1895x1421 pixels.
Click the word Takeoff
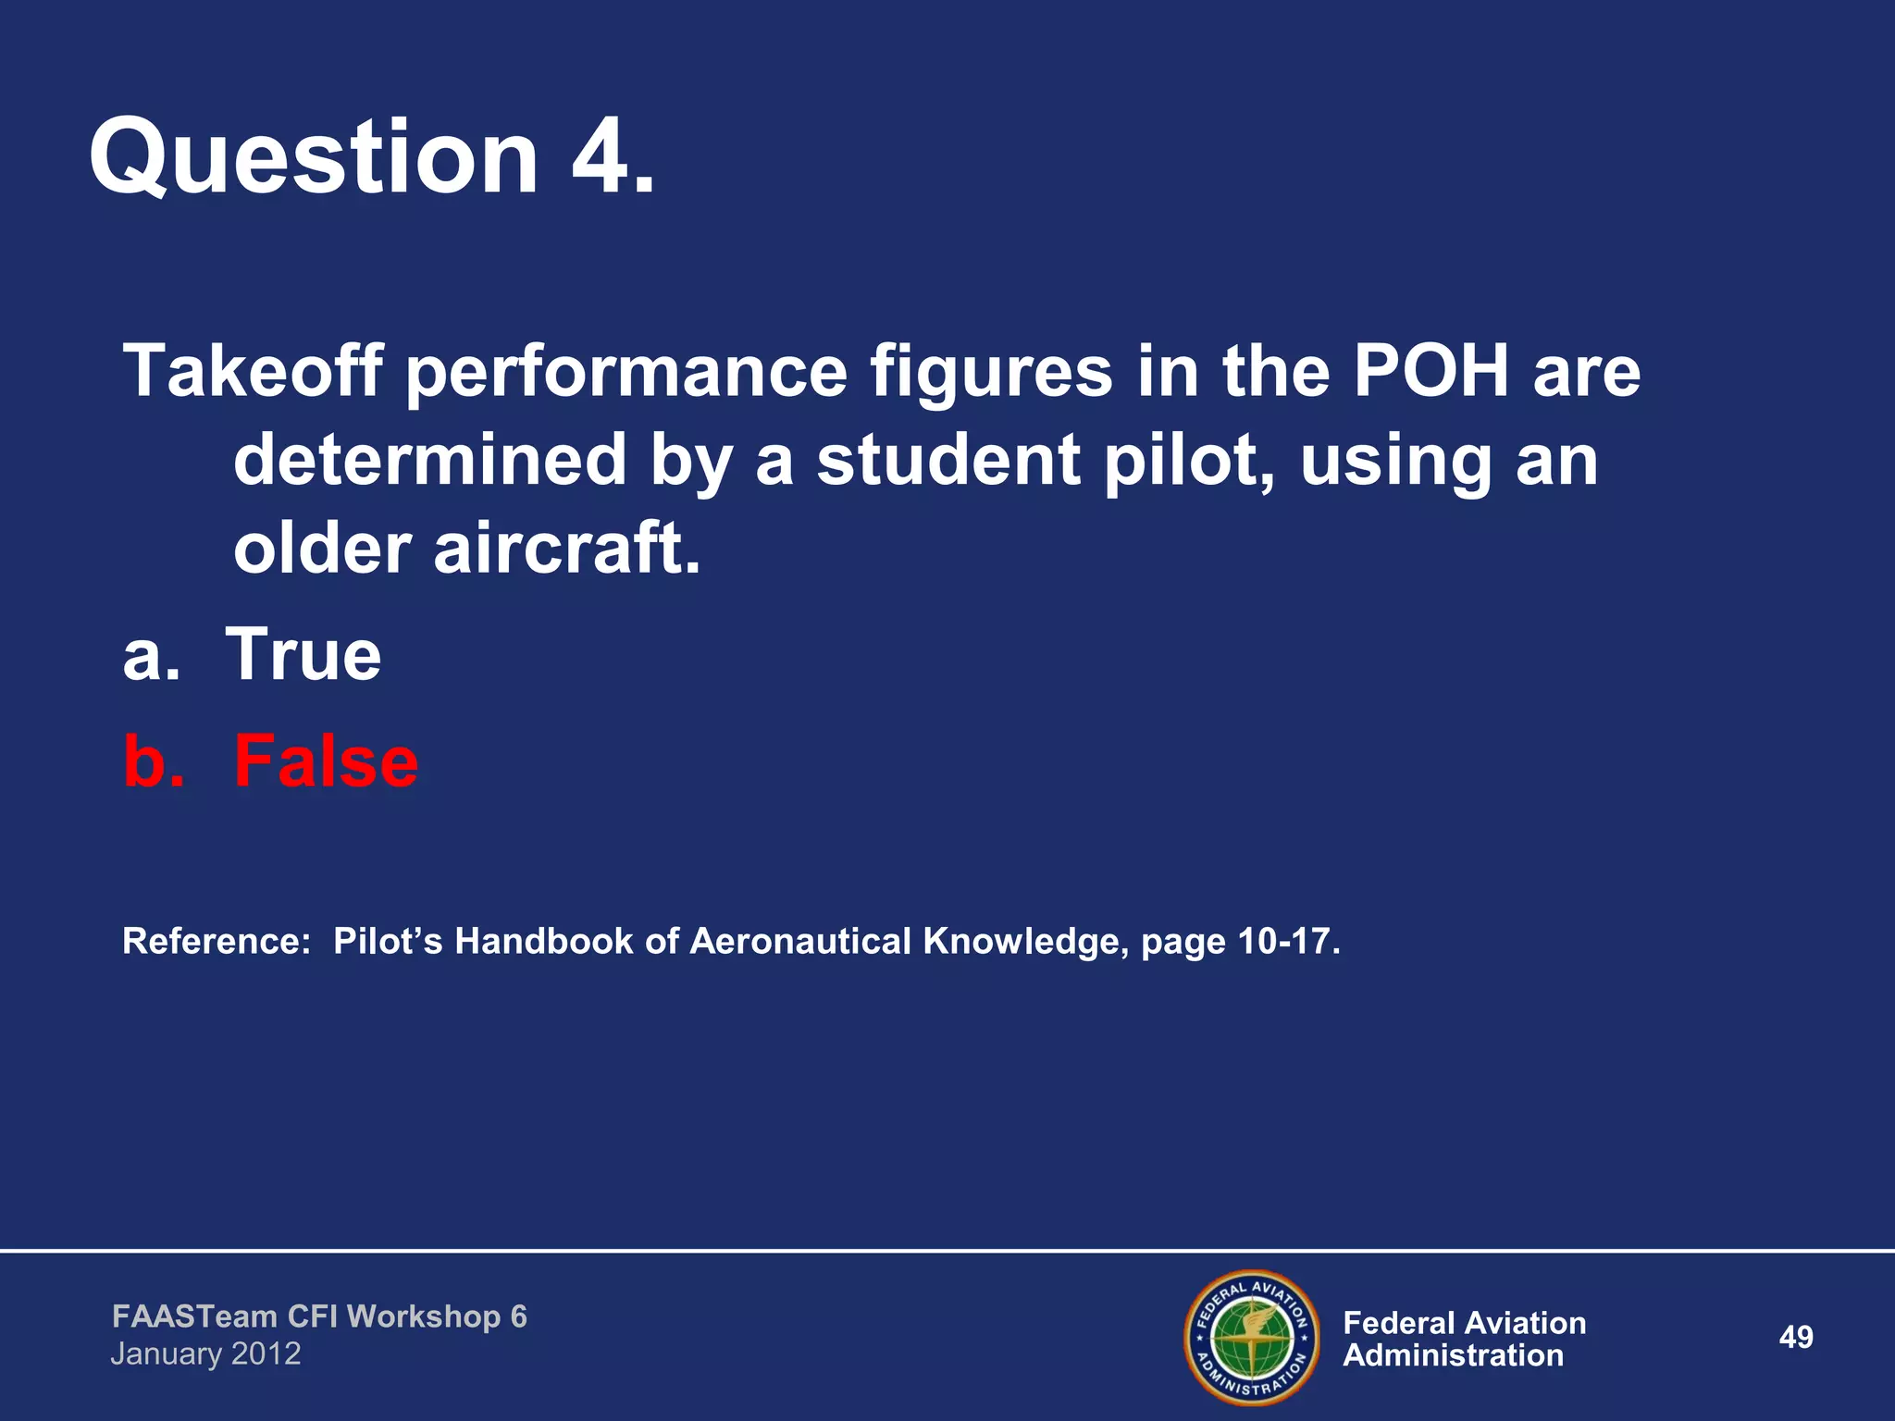(x=252, y=371)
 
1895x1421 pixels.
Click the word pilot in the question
(x=1194, y=460)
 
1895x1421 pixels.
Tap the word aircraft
(x=566, y=549)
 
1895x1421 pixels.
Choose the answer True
(x=303, y=654)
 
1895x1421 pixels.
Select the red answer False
(x=325, y=761)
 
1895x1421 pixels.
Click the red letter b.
(x=152, y=761)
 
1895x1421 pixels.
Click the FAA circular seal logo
(x=1251, y=1337)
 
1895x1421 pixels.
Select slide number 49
(x=1795, y=1337)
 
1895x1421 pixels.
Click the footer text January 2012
(x=205, y=1354)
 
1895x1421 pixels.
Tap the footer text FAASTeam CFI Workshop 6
(x=319, y=1316)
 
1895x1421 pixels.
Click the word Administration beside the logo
(x=1453, y=1356)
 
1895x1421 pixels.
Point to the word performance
(x=625, y=371)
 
